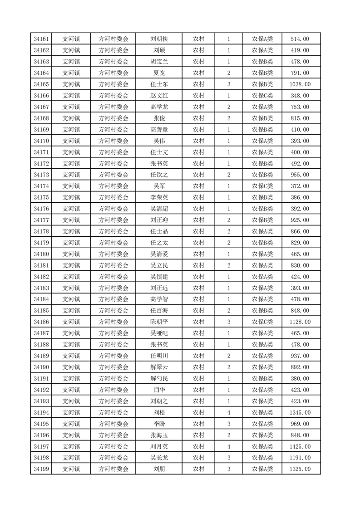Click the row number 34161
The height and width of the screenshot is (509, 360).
click(x=41, y=39)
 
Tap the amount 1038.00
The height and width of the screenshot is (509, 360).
click(x=300, y=84)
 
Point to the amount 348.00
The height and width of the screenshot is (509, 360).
click(x=300, y=96)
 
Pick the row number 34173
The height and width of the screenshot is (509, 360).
click(x=41, y=175)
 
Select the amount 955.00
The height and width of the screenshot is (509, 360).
click(x=300, y=175)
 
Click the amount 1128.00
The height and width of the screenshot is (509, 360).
click(x=300, y=322)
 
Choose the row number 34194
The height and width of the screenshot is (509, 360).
click(x=41, y=412)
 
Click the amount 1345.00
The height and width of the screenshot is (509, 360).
click(x=300, y=412)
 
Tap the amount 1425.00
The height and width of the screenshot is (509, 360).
click(x=300, y=446)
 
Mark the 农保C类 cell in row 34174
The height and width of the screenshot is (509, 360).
click(x=262, y=186)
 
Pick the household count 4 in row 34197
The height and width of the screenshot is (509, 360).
click(x=228, y=446)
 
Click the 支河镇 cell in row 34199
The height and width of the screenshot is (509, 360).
click(x=71, y=469)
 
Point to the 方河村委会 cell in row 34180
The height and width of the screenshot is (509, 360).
click(x=113, y=254)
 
